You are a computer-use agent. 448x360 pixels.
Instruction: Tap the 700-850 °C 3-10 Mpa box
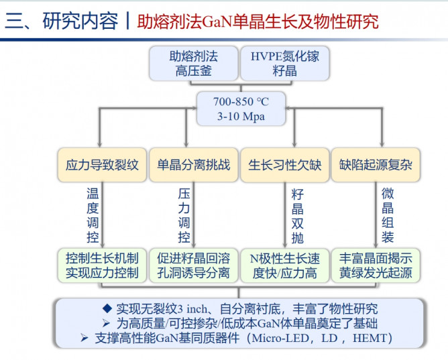[x=240, y=109]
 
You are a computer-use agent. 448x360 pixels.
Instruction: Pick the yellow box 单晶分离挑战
[x=193, y=165]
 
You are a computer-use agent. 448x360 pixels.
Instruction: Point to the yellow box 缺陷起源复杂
[x=376, y=165]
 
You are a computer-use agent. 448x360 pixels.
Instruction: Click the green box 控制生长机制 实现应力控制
[x=102, y=265]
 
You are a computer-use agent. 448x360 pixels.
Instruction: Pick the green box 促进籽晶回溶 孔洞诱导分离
[x=193, y=265]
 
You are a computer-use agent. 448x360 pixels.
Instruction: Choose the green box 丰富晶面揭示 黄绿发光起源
[x=376, y=265]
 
